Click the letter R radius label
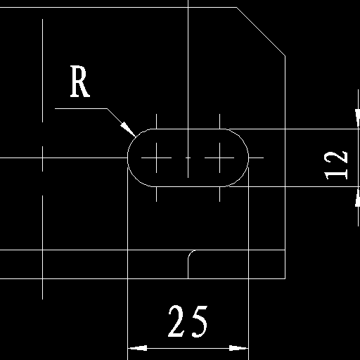80,82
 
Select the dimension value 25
188,321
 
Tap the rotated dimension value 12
336,165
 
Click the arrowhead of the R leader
128,129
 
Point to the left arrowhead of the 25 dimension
138,348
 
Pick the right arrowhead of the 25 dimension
238,348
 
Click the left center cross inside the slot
157,157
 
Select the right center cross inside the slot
219,157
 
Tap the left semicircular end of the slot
128,157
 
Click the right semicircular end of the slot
248,157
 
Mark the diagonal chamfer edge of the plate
261,32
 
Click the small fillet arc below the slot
191,252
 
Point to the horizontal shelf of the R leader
81,108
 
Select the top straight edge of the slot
188,129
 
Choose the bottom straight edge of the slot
188,186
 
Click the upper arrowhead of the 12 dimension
357,119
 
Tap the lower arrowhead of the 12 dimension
357,197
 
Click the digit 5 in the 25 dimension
199,321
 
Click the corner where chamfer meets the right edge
285,56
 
